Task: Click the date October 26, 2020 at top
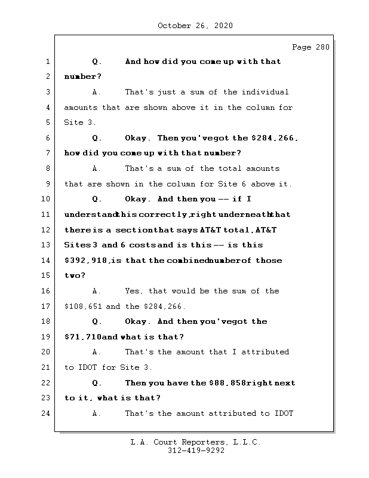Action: tap(195, 26)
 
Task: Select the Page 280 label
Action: tap(310, 47)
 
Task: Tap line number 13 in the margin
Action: tap(45, 245)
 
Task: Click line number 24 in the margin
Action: tap(45, 413)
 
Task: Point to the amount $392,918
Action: tap(86, 261)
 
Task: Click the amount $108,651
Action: tap(83, 307)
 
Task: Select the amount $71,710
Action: tap(82, 337)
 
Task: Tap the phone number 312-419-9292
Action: tap(196, 451)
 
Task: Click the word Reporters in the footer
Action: tap(204, 442)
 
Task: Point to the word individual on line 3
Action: tap(265, 92)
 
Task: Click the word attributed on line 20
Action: tap(265, 352)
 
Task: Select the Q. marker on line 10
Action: tap(97, 199)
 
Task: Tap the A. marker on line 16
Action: tap(97, 291)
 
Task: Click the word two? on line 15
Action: tap(75, 275)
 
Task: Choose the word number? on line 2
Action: tap(82, 76)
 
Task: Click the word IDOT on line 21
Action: tap(87, 367)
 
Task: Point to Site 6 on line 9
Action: tap(230, 184)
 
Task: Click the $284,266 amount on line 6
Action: tap(275, 138)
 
